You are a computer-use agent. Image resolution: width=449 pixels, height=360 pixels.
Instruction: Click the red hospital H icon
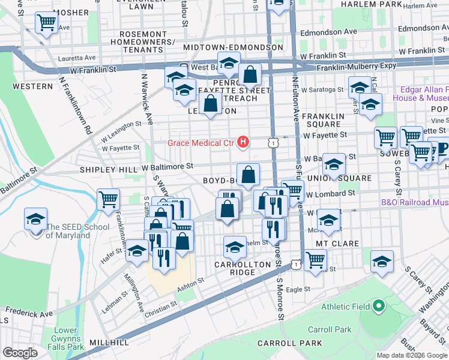[243, 142]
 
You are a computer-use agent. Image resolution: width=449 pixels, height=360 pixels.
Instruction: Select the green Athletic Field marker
[378, 307]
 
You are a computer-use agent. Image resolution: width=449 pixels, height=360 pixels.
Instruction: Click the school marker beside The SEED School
[36, 220]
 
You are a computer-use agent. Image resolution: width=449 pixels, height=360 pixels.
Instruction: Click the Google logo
[20, 353]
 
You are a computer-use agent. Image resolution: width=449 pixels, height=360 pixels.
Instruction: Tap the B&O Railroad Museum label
[414, 203]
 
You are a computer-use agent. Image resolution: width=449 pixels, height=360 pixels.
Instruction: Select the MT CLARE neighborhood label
[337, 244]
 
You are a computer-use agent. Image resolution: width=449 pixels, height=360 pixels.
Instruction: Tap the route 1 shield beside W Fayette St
[274, 143]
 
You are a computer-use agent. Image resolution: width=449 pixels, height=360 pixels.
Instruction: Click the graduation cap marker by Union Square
[333, 165]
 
